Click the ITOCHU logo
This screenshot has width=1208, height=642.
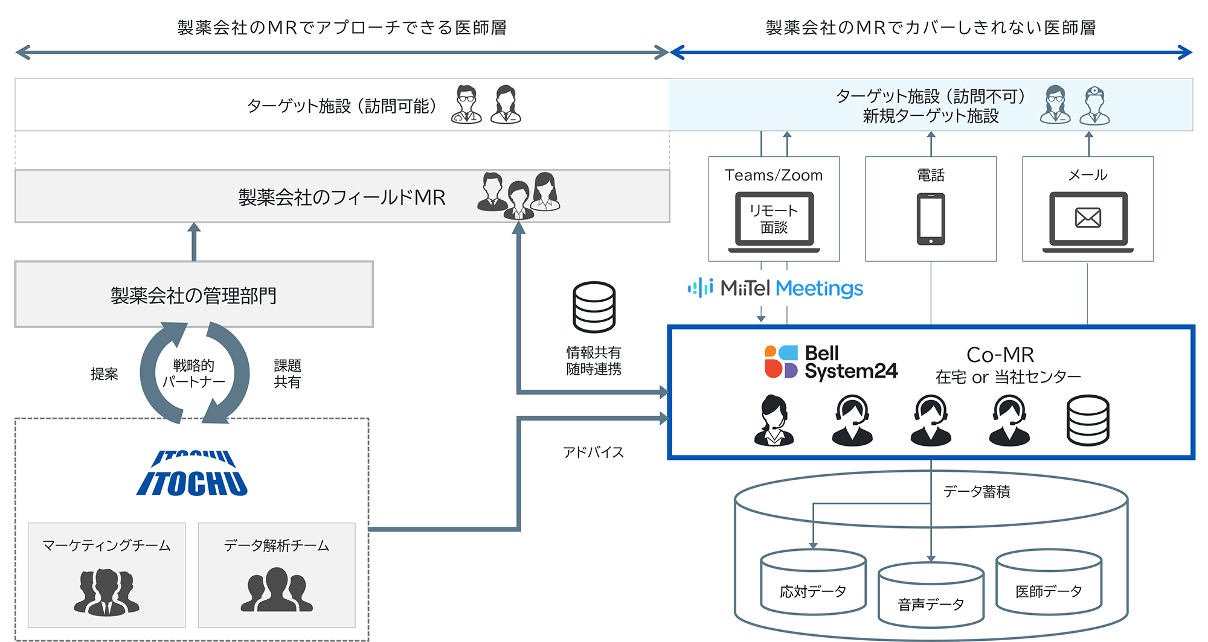click(192, 474)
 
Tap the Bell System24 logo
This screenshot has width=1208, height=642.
click(831, 362)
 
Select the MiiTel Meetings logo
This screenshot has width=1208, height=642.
click(776, 288)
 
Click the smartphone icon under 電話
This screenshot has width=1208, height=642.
click(931, 219)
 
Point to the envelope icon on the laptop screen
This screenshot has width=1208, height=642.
click(1088, 218)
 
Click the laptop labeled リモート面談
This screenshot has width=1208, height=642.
click(774, 221)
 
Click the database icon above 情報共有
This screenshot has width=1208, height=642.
click(594, 307)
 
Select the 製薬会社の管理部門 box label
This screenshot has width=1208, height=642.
click(194, 296)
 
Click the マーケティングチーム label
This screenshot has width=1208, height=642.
click(106, 546)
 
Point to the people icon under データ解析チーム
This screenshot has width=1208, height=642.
click(277, 590)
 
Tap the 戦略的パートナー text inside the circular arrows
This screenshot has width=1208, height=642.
click(193, 373)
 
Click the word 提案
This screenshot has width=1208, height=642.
click(104, 374)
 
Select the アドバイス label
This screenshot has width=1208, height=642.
click(593, 453)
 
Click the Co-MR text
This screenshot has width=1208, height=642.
click(1000, 355)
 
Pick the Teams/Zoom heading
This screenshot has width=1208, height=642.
click(774, 176)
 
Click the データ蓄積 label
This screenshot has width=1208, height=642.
click(977, 492)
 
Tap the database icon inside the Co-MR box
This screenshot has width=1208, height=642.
click(1088, 421)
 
